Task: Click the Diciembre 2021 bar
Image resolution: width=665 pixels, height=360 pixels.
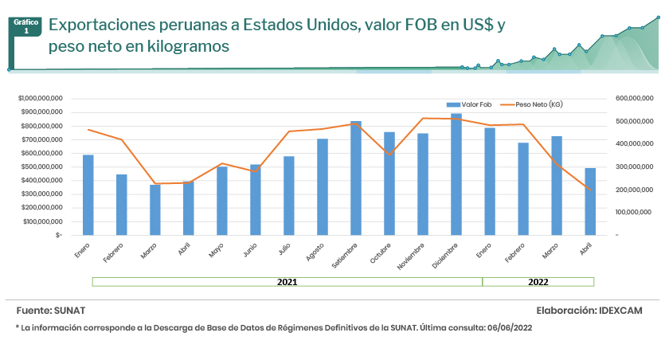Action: [456, 174]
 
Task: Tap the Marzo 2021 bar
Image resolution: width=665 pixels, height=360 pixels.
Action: [155, 210]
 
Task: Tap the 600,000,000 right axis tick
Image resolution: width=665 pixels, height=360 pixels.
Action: [634, 98]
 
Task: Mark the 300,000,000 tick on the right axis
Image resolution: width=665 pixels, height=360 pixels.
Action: [634, 166]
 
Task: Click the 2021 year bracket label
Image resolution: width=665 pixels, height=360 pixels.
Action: [288, 282]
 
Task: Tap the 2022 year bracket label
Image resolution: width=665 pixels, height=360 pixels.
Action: [538, 282]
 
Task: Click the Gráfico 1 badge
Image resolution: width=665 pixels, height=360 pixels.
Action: [26, 26]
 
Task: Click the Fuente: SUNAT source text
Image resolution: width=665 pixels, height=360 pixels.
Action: [51, 310]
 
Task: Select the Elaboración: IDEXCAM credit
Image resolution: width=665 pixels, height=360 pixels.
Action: [589, 310]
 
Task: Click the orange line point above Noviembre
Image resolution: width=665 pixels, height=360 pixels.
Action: [423, 118]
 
